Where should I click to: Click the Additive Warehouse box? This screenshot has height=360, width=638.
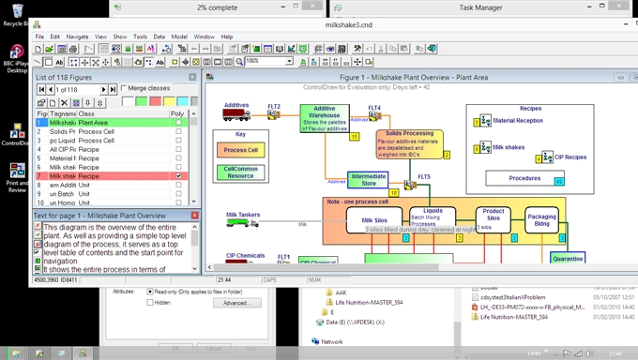coord(324,117)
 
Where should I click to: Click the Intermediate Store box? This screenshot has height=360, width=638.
coord(369,179)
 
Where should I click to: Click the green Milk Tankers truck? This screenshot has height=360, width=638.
coord(242,225)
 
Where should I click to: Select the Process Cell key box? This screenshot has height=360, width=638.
coord(241,150)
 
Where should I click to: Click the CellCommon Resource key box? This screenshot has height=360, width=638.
coord(241,172)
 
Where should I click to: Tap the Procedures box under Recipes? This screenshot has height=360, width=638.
coord(524,177)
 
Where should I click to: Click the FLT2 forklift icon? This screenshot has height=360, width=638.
coord(273,115)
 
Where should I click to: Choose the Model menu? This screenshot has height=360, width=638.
coord(178,37)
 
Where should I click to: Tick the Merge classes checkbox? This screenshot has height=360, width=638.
coord(125,88)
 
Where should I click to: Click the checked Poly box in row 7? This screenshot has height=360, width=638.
coord(178,175)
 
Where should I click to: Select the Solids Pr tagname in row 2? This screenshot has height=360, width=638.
coord(63,131)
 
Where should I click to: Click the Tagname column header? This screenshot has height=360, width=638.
coord(63,113)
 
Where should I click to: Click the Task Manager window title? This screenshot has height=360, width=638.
coord(478,7)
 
